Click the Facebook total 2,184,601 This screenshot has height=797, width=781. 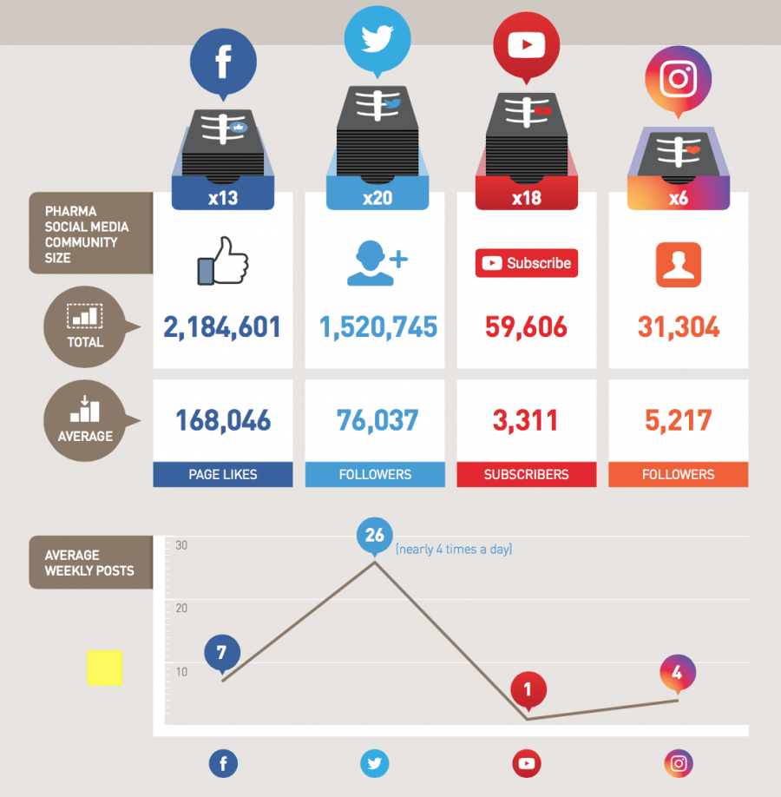[222, 327]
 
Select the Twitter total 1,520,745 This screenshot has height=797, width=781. [378, 327]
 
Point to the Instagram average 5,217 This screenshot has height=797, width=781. [679, 421]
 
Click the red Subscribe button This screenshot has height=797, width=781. [527, 263]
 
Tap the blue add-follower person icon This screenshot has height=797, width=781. [377, 263]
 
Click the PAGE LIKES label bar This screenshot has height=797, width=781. [222, 475]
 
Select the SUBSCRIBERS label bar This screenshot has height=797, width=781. [527, 475]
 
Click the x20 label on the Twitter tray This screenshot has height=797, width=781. [377, 198]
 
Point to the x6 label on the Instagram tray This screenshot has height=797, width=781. [679, 198]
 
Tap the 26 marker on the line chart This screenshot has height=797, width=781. [375, 536]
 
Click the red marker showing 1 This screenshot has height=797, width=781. [528, 691]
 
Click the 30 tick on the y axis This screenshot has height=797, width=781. [181, 545]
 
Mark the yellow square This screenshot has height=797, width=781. [105, 668]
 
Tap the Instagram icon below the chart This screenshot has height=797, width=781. [679, 764]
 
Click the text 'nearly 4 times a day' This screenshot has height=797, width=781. [454, 550]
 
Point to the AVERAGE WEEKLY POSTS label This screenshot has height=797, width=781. [90, 563]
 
